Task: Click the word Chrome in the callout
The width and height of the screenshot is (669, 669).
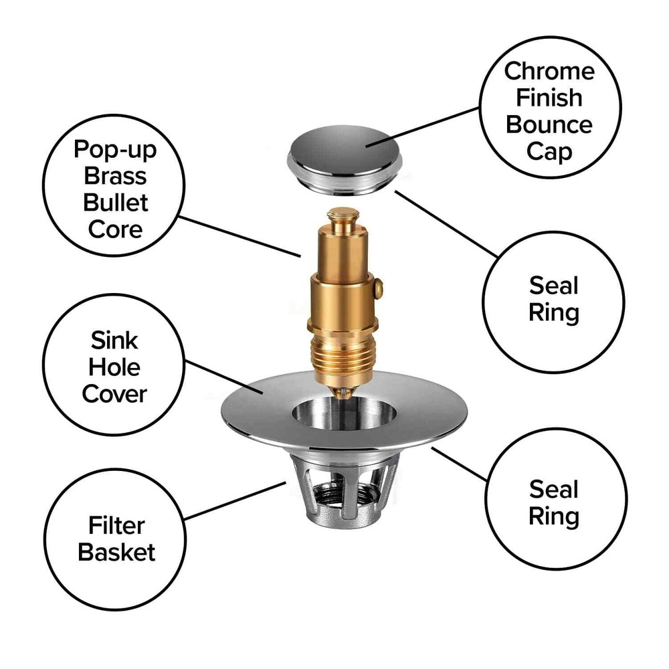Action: [x=549, y=71]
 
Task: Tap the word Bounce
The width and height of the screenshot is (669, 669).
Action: [x=549, y=125]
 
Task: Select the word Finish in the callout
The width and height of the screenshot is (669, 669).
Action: [x=549, y=98]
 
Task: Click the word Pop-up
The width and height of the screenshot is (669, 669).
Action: [x=115, y=149]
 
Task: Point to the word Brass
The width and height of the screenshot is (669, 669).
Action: [x=115, y=176]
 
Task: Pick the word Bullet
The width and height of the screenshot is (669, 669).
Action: [x=115, y=203]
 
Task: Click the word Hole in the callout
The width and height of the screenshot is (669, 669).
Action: [x=112, y=367]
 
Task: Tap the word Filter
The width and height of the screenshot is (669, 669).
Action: [x=115, y=526]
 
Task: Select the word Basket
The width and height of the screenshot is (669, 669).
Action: [x=116, y=553]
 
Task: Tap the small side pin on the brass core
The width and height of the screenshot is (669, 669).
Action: [x=379, y=288]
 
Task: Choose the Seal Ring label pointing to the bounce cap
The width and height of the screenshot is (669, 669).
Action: [x=553, y=299]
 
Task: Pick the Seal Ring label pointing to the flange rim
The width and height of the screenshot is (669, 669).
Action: [x=553, y=503]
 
